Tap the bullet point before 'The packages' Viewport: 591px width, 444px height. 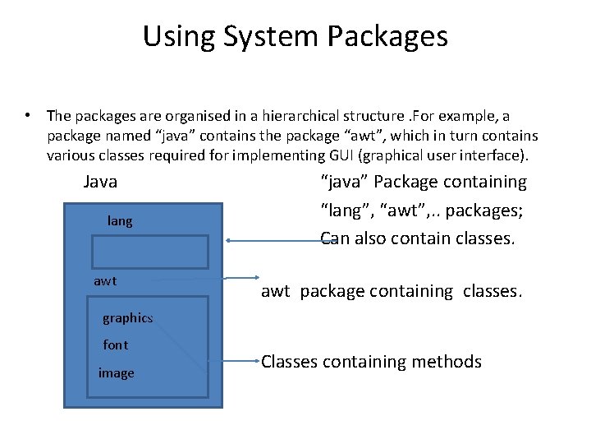coord(28,115)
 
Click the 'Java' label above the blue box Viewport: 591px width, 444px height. coord(100,182)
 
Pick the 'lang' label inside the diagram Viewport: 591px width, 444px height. coord(120,220)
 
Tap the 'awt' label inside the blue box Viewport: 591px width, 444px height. coord(105,281)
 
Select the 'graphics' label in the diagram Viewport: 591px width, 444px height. coord(127,318)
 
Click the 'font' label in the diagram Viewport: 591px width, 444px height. coord(116,345)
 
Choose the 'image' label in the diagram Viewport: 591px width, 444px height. coord(116,373)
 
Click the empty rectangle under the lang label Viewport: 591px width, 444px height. coord(149,251)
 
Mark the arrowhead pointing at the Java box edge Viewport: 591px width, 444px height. coord(231,241)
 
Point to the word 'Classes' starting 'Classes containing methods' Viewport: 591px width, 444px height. coord(293,362)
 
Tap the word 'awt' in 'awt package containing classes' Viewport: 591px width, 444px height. coord(276,291)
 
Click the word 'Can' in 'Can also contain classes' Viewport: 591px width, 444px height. coord(334,238)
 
